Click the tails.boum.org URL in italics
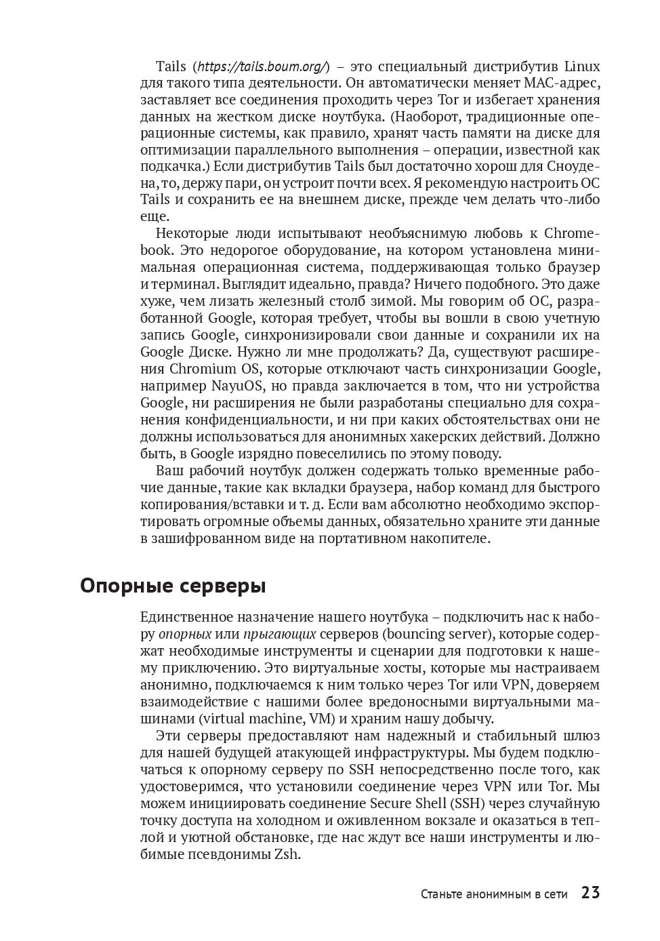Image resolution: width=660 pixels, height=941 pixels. (x=262, y=66)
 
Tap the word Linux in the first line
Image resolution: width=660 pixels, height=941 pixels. (x=582, y=66)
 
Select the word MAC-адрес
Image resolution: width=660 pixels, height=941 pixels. (x=562, y=83)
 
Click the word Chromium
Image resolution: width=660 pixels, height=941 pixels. (x=203, y=369)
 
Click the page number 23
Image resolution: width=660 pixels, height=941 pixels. (x=590, y=893)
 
